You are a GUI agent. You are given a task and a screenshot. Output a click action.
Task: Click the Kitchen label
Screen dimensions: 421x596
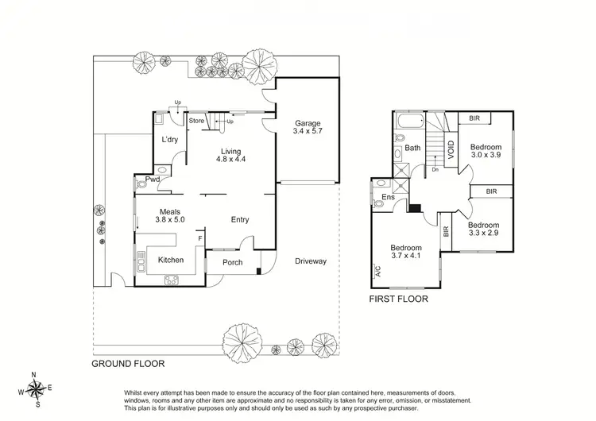171,260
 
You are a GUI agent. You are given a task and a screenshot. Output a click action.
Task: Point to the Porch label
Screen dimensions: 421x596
232,264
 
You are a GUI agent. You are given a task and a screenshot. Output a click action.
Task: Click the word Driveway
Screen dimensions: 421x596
310,261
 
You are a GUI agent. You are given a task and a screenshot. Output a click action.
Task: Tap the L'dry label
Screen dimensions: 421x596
169,140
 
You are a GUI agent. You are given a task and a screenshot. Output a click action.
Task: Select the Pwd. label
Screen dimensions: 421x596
154,180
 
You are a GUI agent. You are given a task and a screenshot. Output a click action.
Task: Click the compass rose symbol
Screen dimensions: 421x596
36,388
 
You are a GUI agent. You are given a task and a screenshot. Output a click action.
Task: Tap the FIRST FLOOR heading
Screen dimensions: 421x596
400,300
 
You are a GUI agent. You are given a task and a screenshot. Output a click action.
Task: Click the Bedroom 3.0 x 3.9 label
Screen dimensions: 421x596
485,152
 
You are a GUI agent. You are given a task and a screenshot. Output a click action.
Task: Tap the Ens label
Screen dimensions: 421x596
389,197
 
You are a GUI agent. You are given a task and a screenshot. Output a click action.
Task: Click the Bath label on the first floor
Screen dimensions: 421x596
412,149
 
